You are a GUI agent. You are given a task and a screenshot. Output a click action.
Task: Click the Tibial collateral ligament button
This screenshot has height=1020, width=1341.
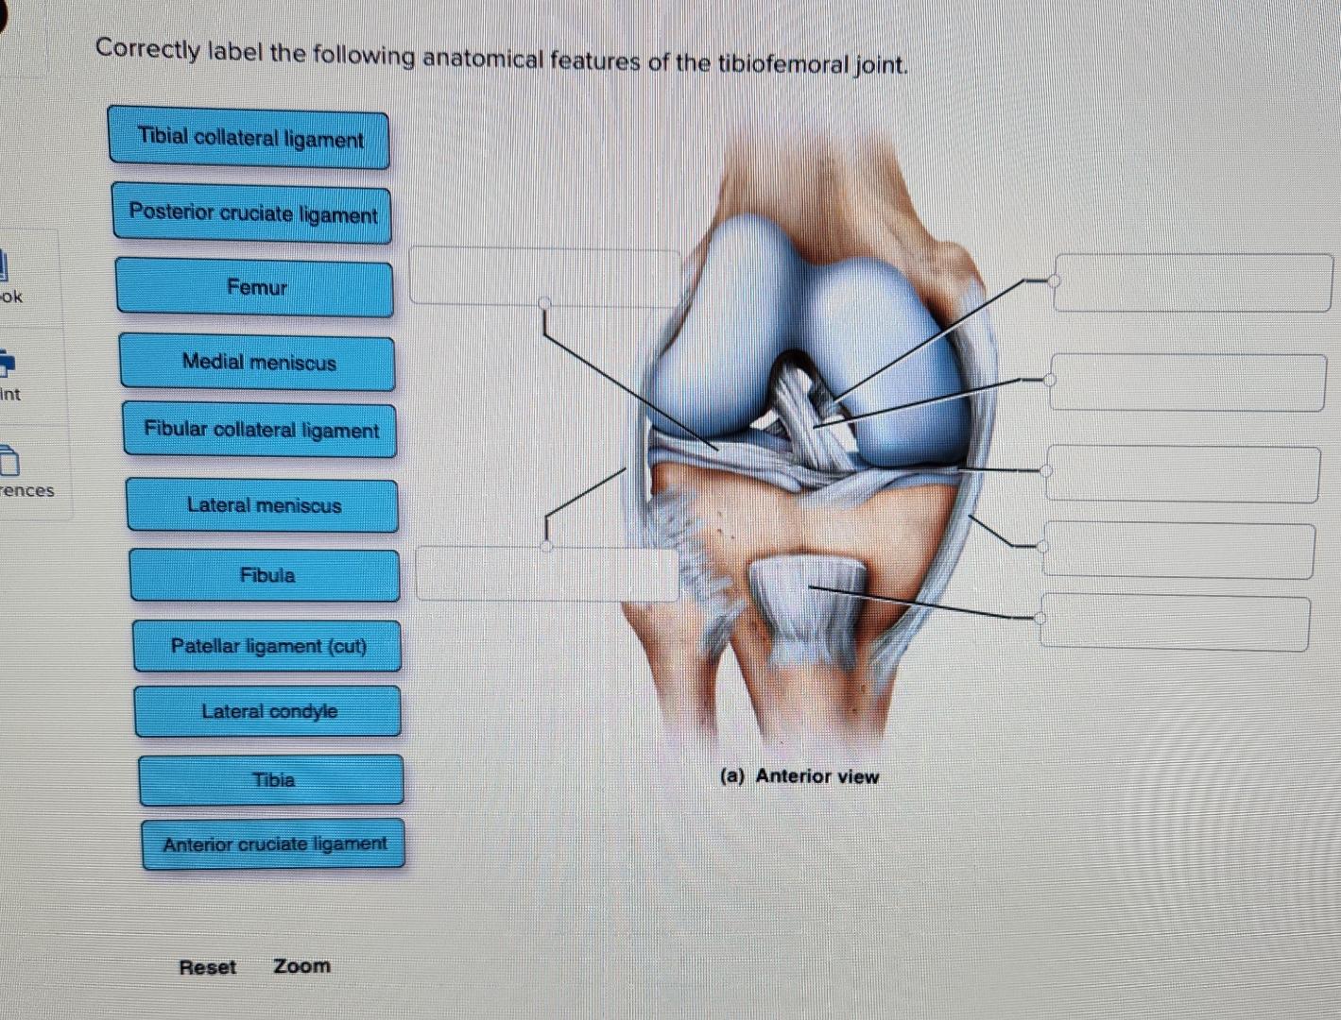click(249, 139)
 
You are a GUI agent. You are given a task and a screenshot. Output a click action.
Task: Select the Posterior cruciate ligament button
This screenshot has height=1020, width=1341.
click(252, 213)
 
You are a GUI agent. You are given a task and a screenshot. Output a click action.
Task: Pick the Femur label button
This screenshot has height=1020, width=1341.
click(255, 288)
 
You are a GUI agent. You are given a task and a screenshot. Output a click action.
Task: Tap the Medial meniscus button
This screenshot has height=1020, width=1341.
click(258, 363)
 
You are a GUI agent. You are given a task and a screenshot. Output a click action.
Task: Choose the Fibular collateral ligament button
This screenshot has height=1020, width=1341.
click(261, 431)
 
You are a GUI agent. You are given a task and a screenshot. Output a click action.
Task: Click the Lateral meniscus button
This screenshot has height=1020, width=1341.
click(263, 505)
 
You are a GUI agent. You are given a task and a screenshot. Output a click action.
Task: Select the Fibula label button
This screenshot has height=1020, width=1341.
click(266, 575)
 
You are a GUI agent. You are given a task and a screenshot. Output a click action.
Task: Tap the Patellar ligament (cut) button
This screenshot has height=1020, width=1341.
click(267, 647)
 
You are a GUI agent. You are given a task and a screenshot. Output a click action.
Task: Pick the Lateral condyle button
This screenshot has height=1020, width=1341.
click(268, 712)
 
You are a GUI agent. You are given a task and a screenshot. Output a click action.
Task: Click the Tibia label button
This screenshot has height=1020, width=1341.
click(272, 780)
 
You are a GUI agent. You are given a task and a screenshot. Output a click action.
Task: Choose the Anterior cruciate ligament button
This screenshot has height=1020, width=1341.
click(274, 844)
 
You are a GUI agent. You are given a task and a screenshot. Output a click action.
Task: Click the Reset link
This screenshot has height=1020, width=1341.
click(207, 967)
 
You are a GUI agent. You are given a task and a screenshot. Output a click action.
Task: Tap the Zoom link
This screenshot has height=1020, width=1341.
click(301, 966)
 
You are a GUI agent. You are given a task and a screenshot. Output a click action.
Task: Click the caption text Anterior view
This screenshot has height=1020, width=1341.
click(817, 776)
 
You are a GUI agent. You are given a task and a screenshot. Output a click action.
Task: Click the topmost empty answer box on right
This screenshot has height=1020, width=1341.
click(1193, 282)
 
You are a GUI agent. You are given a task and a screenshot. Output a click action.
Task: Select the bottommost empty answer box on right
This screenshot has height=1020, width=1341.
click(1175, 621)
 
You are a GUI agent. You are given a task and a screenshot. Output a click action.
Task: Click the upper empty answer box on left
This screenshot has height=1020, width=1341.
click(544, 277)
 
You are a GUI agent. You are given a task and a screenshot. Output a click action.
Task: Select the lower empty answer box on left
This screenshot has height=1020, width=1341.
click(547, 573)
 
